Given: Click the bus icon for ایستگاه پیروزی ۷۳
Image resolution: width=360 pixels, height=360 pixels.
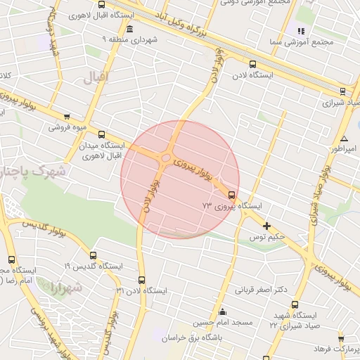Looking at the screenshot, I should pos(232,195).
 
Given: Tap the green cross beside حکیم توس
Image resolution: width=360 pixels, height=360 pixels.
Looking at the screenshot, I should pos(266,226).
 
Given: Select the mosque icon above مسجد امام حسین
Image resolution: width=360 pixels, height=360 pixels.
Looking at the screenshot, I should pos(223,312).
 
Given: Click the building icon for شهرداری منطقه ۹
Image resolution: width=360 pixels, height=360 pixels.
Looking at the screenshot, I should pos(129,30).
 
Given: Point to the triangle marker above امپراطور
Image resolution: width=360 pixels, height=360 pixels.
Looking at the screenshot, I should pos(344,138).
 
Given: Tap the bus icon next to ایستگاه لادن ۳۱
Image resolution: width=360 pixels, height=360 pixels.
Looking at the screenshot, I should pos(141,280).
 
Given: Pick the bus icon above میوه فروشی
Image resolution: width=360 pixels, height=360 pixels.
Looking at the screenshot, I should pos(66,117).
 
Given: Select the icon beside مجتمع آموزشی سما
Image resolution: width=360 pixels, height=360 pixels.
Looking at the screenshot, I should pos(302,31).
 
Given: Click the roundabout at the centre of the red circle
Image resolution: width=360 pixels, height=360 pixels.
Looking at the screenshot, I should pos(166,158).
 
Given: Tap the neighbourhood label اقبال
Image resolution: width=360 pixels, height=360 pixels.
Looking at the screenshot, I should pos(96,77).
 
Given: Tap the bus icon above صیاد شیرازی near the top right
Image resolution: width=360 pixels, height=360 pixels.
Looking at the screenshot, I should pos(342,91).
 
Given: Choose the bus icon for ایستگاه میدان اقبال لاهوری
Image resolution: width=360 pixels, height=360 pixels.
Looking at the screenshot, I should pos(101,134).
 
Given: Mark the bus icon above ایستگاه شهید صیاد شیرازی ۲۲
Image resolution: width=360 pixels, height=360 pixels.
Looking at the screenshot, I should pos(294,305).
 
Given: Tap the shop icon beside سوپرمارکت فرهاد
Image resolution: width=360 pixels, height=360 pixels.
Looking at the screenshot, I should pos(341,339).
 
